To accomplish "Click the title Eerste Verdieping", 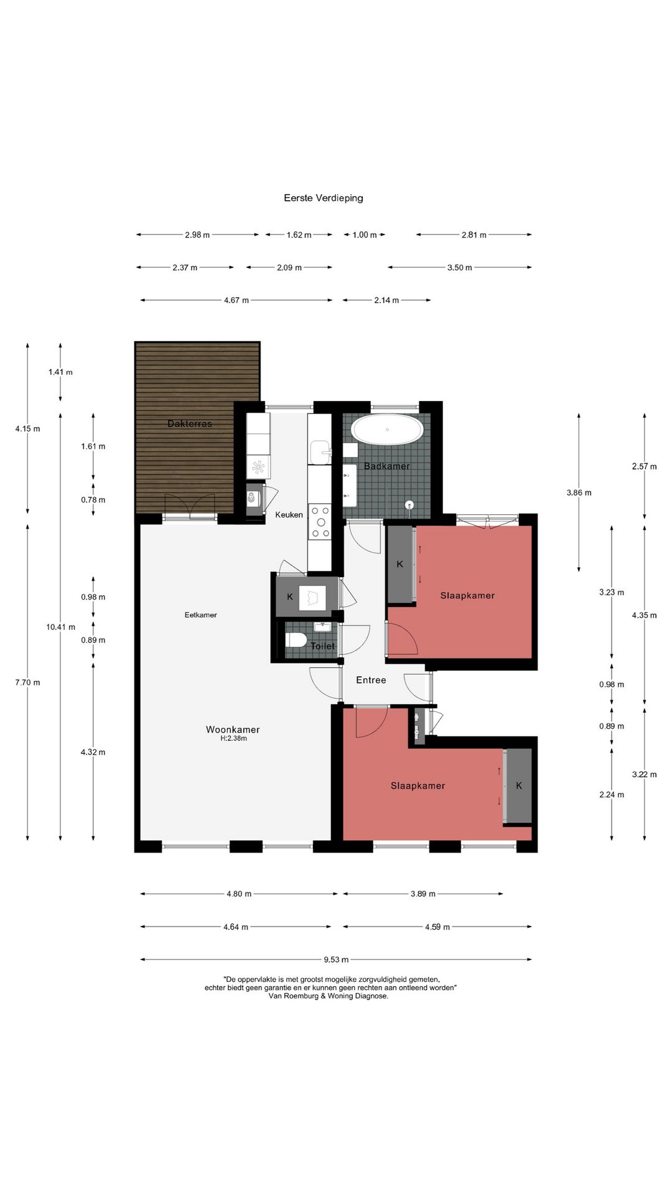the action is [324, 198].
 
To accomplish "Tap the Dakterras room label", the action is [190, 423].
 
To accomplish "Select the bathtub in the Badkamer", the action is [387, 430].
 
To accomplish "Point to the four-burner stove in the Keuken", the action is [321, 521].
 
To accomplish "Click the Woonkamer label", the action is [233, 729].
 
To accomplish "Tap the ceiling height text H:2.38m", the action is [233, 739].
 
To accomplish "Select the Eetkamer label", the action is [201, 615].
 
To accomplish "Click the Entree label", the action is [371, 680].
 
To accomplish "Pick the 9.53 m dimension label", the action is [336, 960].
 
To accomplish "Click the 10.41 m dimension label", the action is [60, 627].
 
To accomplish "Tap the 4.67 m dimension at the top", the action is [236, 300].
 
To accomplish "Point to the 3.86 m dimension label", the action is [579, 493].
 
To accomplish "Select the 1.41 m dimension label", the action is [60, 373].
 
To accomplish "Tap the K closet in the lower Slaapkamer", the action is [519, 786].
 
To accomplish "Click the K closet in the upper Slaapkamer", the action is [400, 564].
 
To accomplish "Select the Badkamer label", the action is [387, 466].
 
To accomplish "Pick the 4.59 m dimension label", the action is [437, 927].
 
